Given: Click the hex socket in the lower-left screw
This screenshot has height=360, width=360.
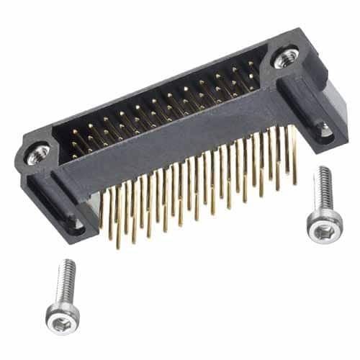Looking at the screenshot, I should [61, 317].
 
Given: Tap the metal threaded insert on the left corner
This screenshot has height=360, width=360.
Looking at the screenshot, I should [37, 152].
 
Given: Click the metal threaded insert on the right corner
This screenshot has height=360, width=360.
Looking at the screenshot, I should [286, 57].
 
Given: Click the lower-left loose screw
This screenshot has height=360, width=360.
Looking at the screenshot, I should [63, 295].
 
